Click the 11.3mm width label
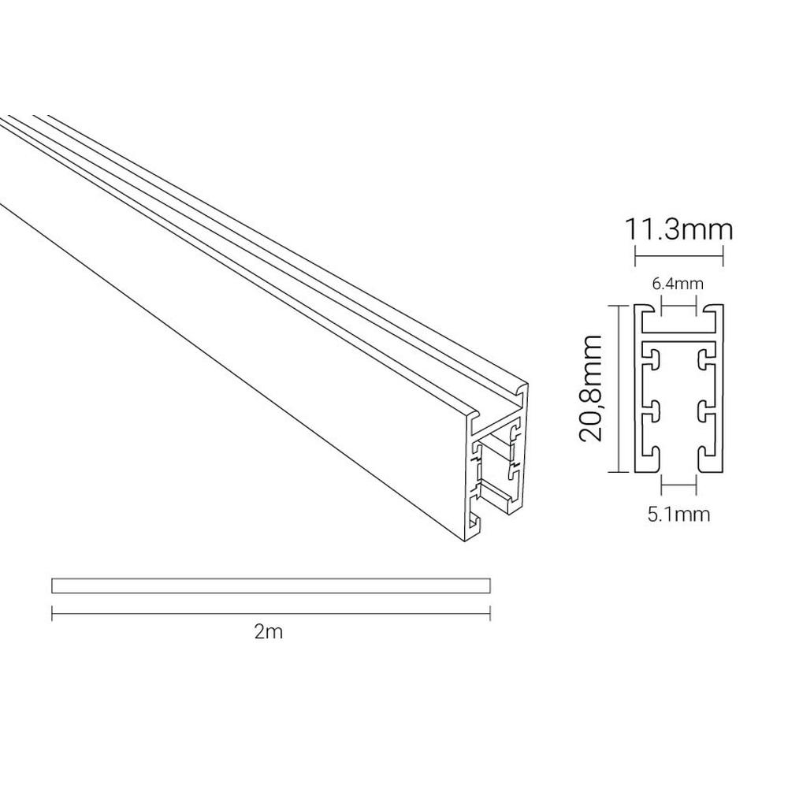click(678, 229)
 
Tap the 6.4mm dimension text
click(678, 284)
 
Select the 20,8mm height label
click(590, 388)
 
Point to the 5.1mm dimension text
click(678, 515)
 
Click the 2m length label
click(269, 632)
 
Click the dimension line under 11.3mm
click(679, 256)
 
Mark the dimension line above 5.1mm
click(679, 485)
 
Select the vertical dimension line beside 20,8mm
click(618, 388)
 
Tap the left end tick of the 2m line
click(52, 614)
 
